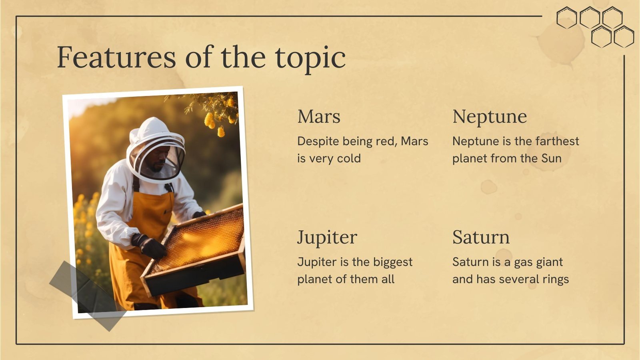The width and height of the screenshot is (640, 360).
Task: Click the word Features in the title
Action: tap(116, 58)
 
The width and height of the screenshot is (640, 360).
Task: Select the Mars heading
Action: tap(319, 117)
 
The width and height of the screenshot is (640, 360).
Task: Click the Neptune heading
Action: tap(489, 117)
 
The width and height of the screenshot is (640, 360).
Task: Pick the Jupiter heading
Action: tap(327, 238)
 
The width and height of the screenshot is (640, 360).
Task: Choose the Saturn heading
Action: tap(481, 238)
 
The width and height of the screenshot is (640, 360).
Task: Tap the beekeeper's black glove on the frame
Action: tap(151, 246)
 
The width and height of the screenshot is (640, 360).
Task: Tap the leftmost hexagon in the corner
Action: tap(566, 18)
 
